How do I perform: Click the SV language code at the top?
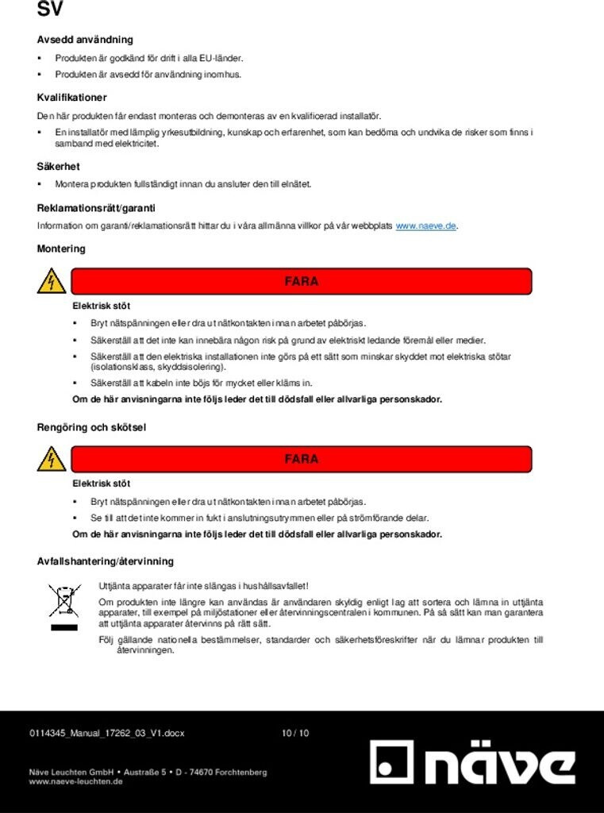click(49, 10)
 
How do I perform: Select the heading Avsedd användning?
click(85, 40)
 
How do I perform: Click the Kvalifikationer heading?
click(71, 98)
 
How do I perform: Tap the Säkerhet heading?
click(58, 167)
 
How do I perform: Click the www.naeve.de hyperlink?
click(425, 226)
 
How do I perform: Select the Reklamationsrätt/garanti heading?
click(96, 209)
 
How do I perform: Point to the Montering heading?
click(61, 249)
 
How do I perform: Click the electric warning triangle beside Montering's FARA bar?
click(52, 281)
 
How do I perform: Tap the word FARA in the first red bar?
click(302, 282)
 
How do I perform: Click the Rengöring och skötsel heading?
click(91, 428)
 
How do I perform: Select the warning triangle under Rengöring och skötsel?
click(52, 459)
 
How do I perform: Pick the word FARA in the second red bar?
click(302, 460)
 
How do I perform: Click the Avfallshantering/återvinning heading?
click(105, 562)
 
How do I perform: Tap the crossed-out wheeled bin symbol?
click(64, 601)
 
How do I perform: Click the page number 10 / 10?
click(295, 734)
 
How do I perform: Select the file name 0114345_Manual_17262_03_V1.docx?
click(106, 734)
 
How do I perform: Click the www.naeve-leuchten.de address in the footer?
click(75, 782)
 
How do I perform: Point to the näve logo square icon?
click(392, 763)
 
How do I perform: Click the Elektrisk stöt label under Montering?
click(101, 306)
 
